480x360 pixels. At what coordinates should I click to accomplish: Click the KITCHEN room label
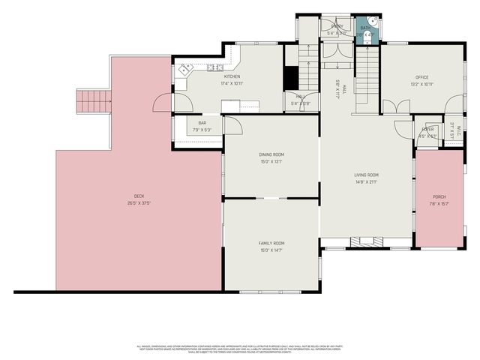(232, 76)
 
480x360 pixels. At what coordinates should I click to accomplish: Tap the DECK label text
(139, 196)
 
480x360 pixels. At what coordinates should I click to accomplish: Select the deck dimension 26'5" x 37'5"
(139, 202)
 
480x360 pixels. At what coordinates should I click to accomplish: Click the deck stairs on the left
(94, 100)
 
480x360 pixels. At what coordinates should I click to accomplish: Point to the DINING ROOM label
(271, 154)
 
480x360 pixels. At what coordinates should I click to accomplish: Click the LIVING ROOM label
(367, 175)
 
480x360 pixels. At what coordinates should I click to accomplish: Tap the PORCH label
(439, 196)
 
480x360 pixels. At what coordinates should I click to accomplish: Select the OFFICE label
(421, 77)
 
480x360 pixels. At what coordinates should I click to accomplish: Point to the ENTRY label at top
(337, 26)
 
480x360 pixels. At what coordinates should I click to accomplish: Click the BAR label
(202, 123)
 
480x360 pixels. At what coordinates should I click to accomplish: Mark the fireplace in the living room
(367, 242)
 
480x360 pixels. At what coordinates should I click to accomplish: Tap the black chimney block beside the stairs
(291, 77)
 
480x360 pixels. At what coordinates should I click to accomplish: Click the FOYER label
(427, 129)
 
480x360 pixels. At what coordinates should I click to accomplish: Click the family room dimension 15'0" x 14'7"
(271, 250)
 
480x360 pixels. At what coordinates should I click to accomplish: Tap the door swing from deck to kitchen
(163, 103)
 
